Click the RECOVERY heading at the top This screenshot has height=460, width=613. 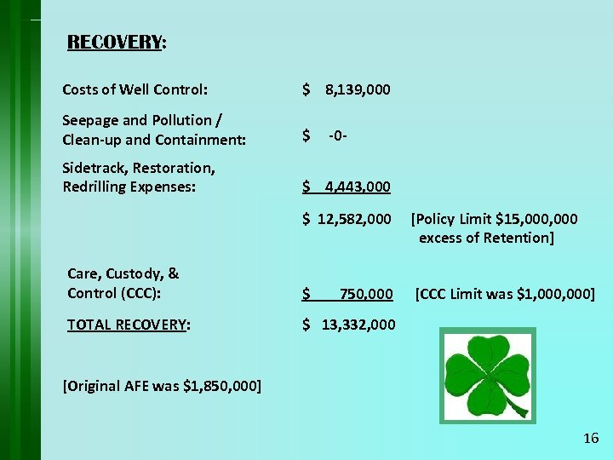click(116, 43)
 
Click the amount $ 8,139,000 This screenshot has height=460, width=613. click(347, 89)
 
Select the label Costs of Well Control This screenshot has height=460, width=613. click(135, 89)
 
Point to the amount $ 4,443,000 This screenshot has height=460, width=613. click(347, 187)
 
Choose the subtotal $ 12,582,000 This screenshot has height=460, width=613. click(347, 220)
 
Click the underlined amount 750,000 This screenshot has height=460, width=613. click(366, 295)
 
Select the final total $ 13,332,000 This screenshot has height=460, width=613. click(349, 325)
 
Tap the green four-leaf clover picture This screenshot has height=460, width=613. click(487, 376)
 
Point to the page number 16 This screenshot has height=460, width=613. click(591, 439)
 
